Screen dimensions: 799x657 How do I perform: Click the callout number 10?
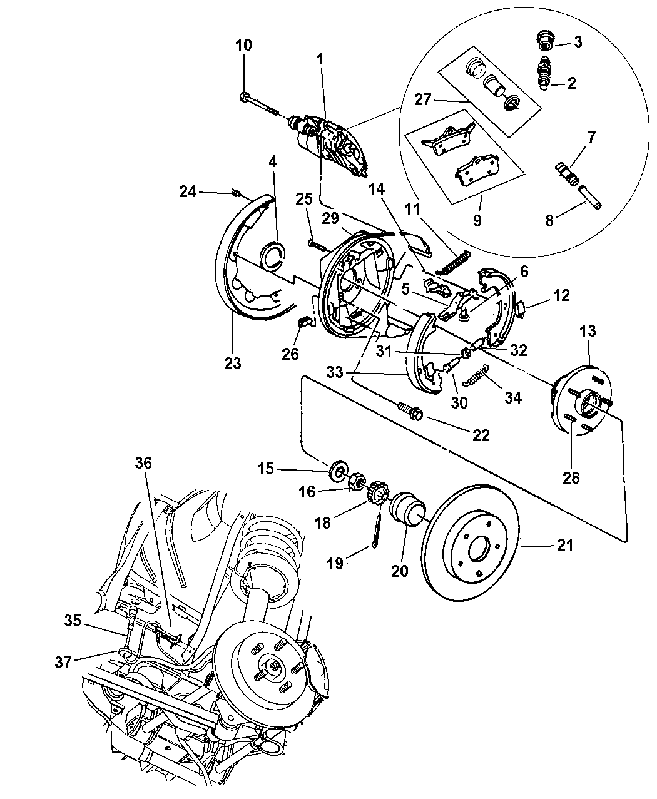243,44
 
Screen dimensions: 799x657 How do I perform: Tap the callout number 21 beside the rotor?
565,545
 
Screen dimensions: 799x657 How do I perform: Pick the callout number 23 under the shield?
232,363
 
